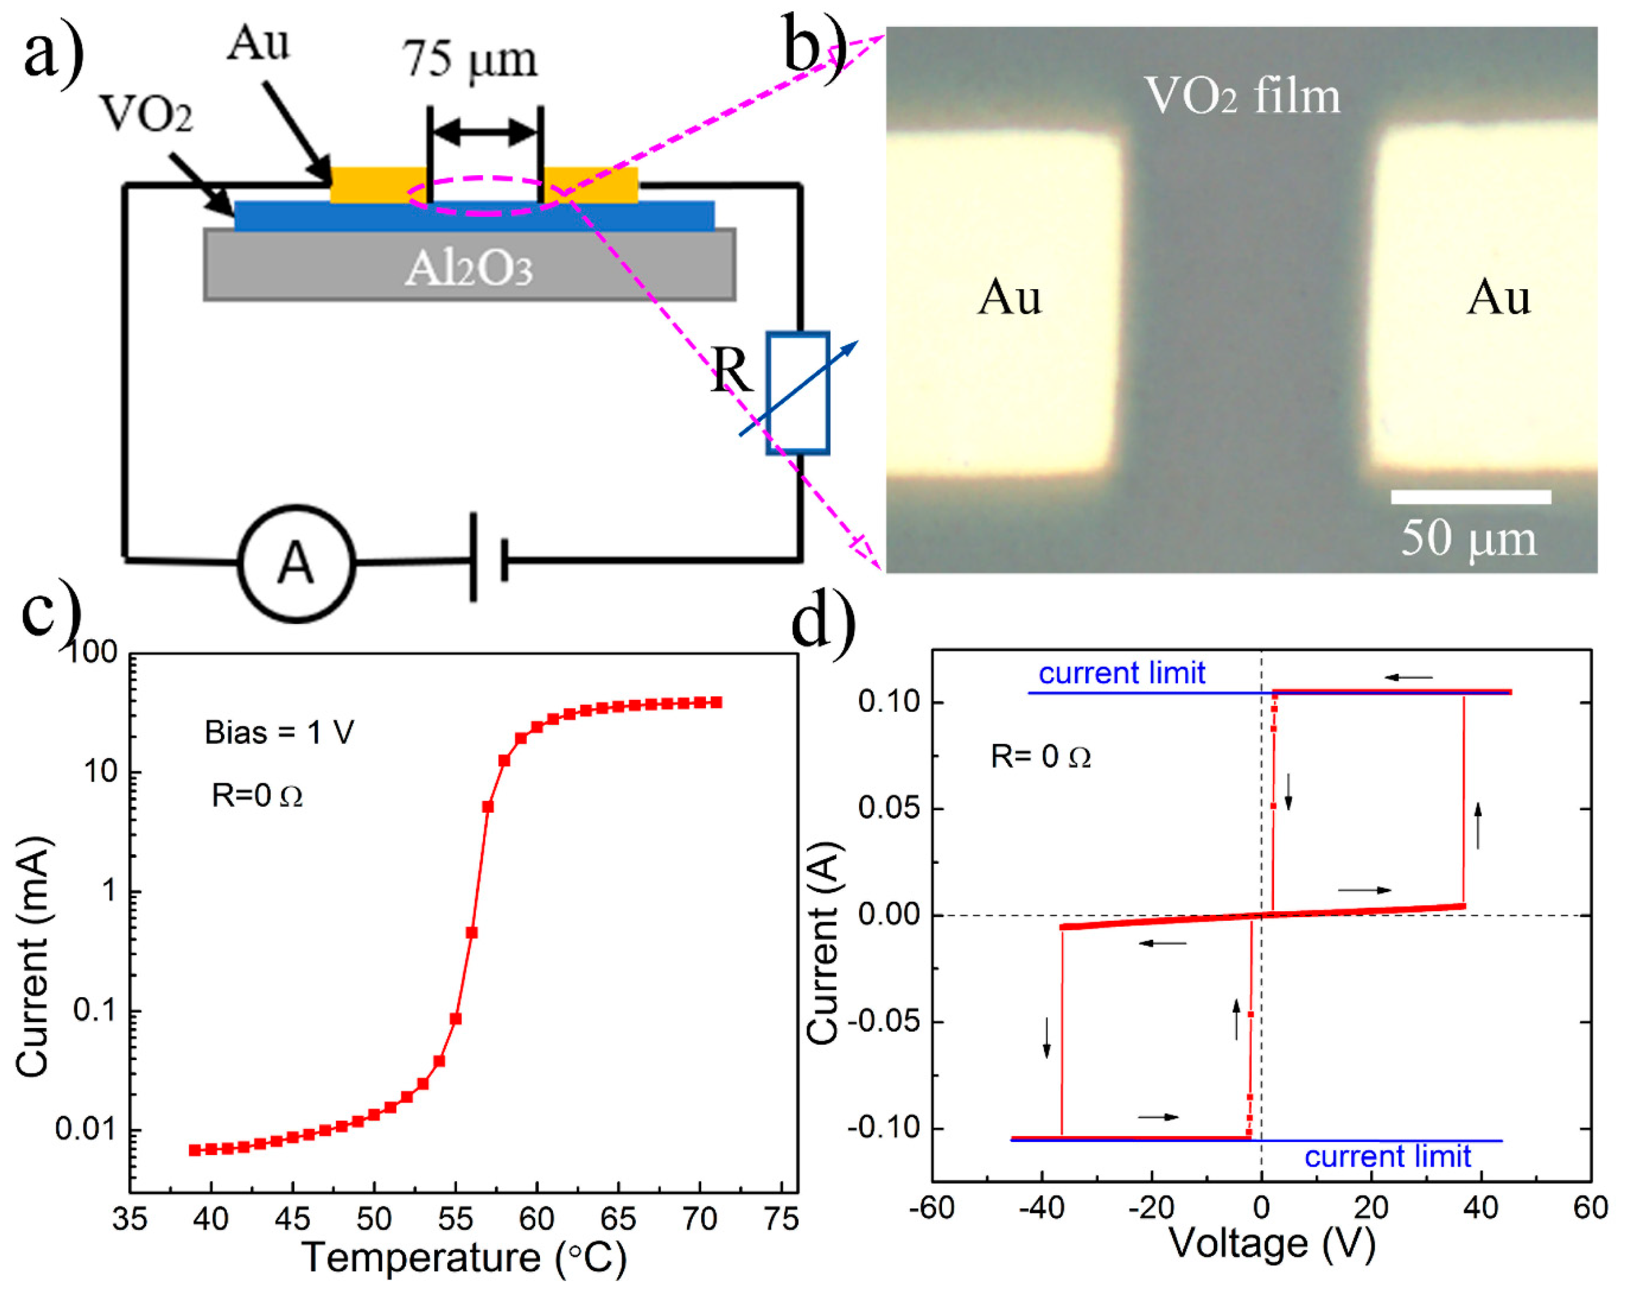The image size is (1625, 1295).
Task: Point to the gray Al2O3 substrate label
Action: (x=469, y=268)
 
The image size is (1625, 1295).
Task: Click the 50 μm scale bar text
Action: (x=1468, y=540)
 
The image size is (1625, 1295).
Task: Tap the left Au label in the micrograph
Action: (x=1009, y=298)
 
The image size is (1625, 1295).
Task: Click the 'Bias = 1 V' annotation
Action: (x=279, y=732)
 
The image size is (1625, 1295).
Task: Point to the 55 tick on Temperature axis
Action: (x=455, y=1218)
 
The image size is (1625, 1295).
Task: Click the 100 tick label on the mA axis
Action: (x=93, y=653)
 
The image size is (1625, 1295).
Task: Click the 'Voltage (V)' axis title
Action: (x=1272, y=1244)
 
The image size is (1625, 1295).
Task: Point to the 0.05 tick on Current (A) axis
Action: (x=889, y=809)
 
